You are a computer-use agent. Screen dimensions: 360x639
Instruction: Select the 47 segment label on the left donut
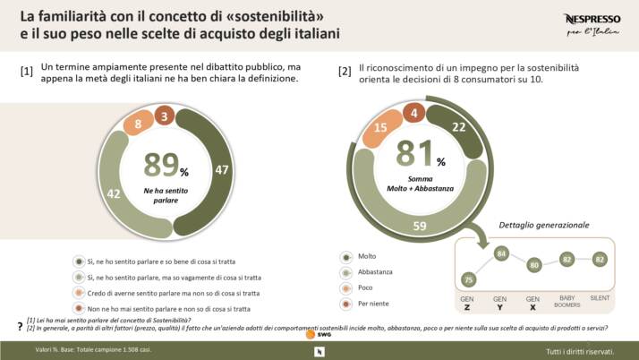pos(222,169)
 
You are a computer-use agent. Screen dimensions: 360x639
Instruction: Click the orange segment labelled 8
pos(138,124)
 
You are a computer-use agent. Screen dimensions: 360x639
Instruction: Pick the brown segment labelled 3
pos(164,116)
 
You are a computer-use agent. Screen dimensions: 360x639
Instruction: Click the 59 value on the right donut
pos(419,227)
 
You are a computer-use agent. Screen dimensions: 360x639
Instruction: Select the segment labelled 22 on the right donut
pos(458,127)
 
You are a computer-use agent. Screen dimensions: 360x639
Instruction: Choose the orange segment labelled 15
pos(379,128)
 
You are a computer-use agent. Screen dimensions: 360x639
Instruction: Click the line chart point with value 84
pos(500,253)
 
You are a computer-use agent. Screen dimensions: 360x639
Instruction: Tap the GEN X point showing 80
pos(532,265)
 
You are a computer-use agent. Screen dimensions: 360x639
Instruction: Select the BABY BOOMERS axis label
pos(567,301)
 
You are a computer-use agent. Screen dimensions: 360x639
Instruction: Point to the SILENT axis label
pos(601,297)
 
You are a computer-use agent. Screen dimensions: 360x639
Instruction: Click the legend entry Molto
pos(367,255)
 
